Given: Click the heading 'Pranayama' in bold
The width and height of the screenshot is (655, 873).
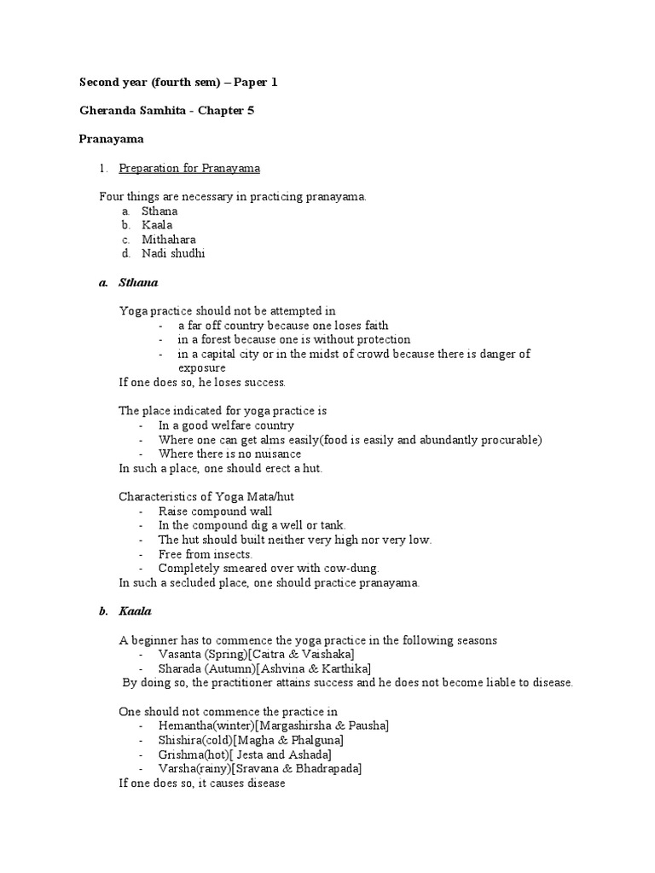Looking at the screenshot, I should click(x=111, y=138).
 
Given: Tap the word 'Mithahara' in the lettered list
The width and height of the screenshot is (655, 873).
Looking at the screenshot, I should click(x=168, y=240).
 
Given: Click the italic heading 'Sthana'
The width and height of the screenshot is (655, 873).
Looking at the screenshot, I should click(x=138, y=282).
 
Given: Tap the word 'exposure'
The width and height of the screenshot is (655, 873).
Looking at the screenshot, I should click(x=201, y=367).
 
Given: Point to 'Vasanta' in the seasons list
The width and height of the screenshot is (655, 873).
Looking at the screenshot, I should click(x=178, y=654).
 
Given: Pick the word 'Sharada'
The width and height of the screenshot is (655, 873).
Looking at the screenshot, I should click(x=179, y=668).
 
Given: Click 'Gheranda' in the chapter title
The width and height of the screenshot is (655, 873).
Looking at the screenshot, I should click(x=108, y=110).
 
